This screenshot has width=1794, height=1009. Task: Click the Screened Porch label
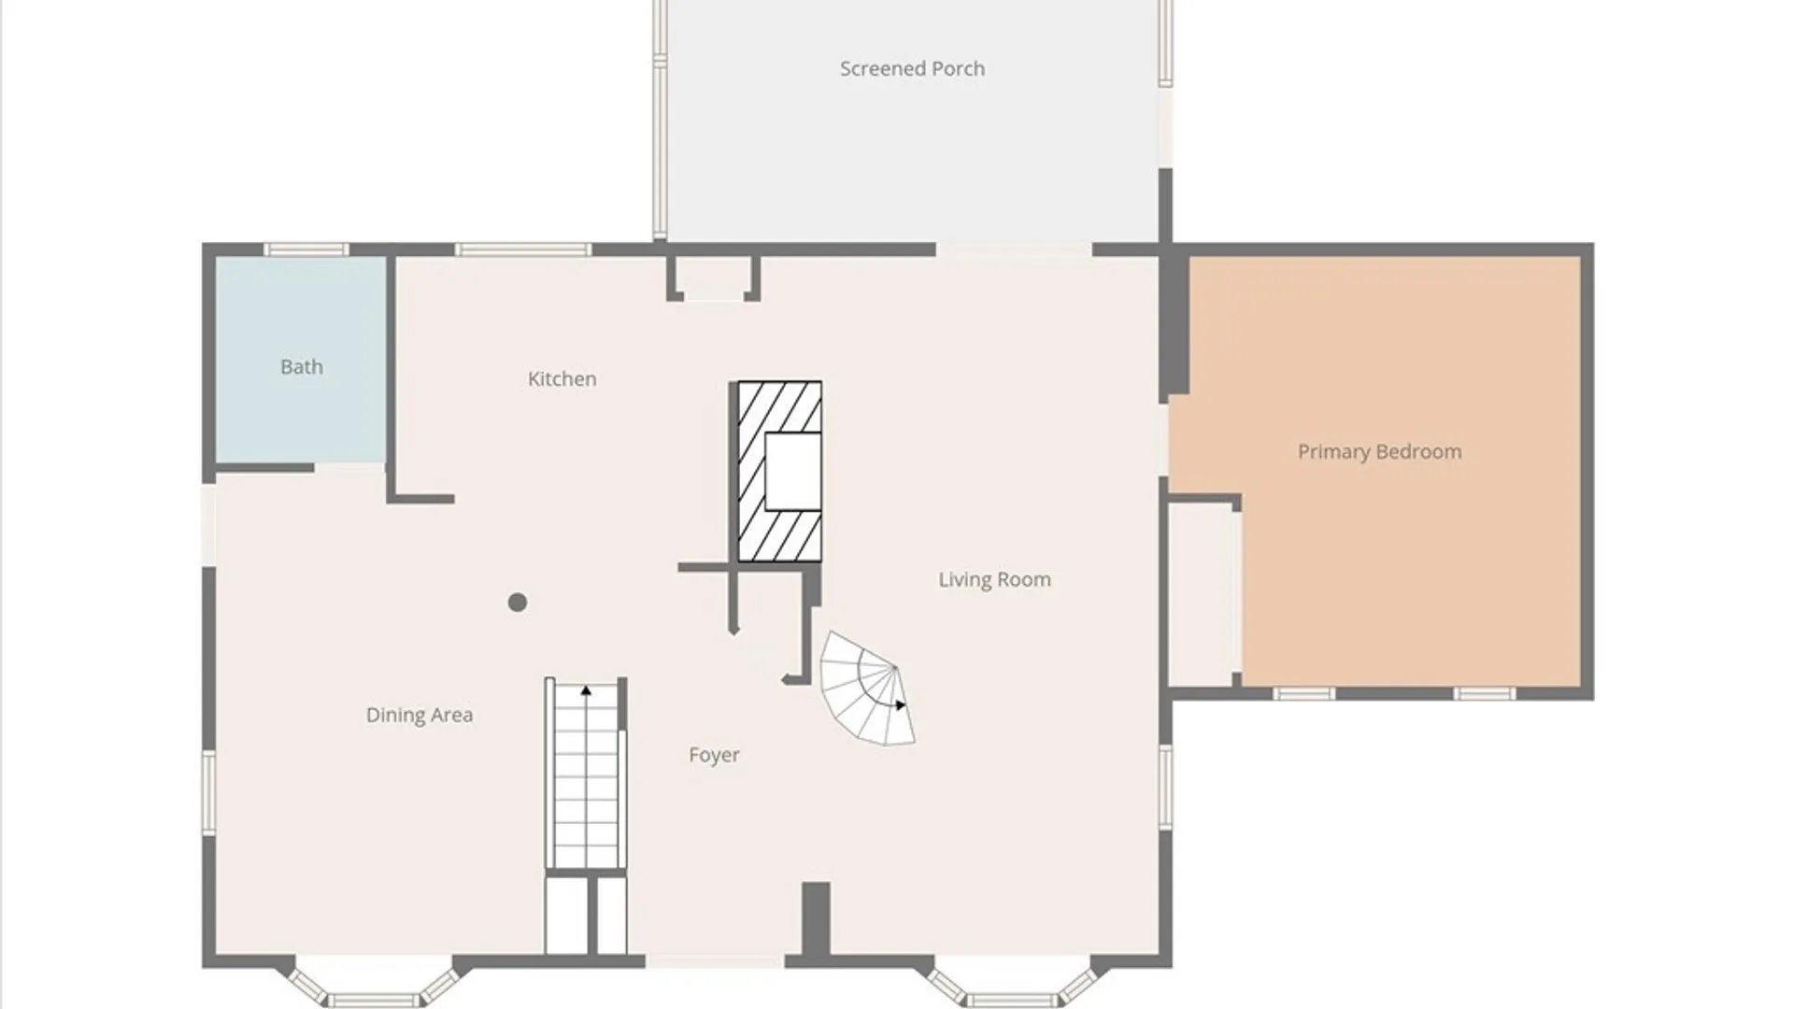(x=912, y=68)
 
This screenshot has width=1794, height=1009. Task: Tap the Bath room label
(x=302, y=367)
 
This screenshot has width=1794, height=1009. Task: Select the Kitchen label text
(x=562, y=378)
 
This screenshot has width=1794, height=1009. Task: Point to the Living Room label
(x=994, y=579)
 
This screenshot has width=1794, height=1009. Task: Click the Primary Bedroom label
(x=1379, y=451)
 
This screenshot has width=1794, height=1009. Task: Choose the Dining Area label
(x=419, y=715)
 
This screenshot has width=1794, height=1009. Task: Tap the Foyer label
(x=714, y=755)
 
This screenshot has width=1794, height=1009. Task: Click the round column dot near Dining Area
(x=518, y=603)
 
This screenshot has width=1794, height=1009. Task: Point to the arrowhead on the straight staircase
(x=586, y=690)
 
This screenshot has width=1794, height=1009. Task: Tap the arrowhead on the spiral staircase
(x=900, y=705)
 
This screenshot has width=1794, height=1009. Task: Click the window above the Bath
(x=306, y=249)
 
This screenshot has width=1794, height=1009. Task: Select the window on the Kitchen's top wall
(x=523, y=249)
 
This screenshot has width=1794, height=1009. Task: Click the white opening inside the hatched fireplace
(x=793, y=471)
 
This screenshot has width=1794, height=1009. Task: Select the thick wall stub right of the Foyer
(x=816, y=919)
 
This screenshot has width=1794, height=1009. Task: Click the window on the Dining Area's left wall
(x=209, y=793)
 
